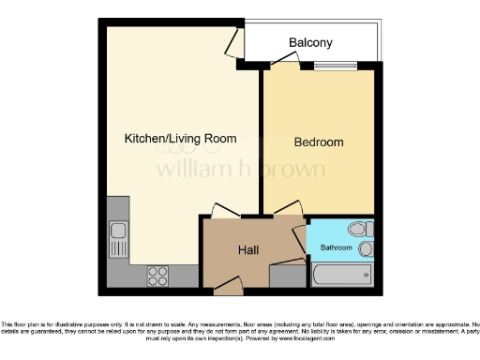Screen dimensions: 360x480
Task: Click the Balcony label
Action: click(310, 43)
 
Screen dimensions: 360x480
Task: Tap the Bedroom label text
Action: click(319, 142)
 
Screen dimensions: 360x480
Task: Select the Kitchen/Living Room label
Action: click(180, 139)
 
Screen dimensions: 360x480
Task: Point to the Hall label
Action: click(248, 250)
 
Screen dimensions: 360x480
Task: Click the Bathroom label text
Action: click(337, 248)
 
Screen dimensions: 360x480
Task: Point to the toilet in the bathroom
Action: click(359, 230)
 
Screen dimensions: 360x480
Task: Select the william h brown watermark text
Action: click(240, 170)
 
